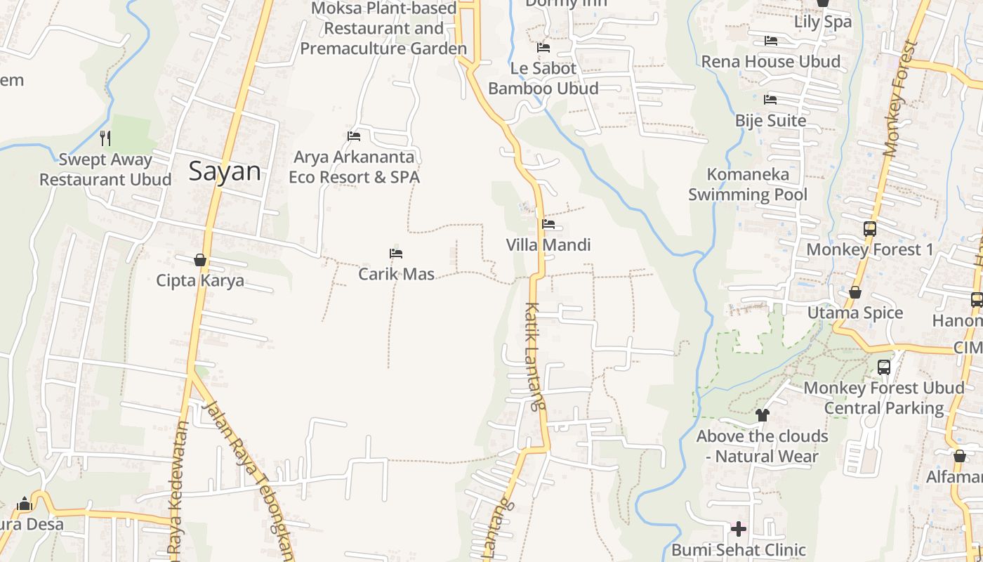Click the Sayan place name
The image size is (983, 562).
pos(225,171)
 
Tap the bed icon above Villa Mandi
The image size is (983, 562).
pos(548,224)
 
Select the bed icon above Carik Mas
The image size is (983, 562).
pos(396,254)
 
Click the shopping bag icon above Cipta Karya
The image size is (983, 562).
pos(200,260)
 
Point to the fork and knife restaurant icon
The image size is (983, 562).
pos(105,138)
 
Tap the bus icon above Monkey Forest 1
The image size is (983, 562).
pos(869,229)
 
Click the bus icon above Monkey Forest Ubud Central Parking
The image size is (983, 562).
pos(884,367)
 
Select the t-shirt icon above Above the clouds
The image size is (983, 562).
pos(763,415)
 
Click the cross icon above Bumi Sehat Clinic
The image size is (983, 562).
pos(738,528)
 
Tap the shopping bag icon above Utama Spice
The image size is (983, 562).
pos(855,292)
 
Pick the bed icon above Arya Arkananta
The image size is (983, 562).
pos(354,136)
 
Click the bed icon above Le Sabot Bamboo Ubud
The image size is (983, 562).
pos(543,48)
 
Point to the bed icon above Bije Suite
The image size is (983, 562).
pos(770,100)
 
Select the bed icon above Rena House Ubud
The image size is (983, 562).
pos(770,41)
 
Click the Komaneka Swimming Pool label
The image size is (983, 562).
pos(748,184)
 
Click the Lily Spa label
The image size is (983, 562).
pos(823,22)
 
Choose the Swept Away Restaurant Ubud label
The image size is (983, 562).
pos(105,169)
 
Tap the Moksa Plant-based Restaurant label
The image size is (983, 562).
pos(384,28)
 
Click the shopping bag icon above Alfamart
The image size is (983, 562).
pos(959,457)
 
